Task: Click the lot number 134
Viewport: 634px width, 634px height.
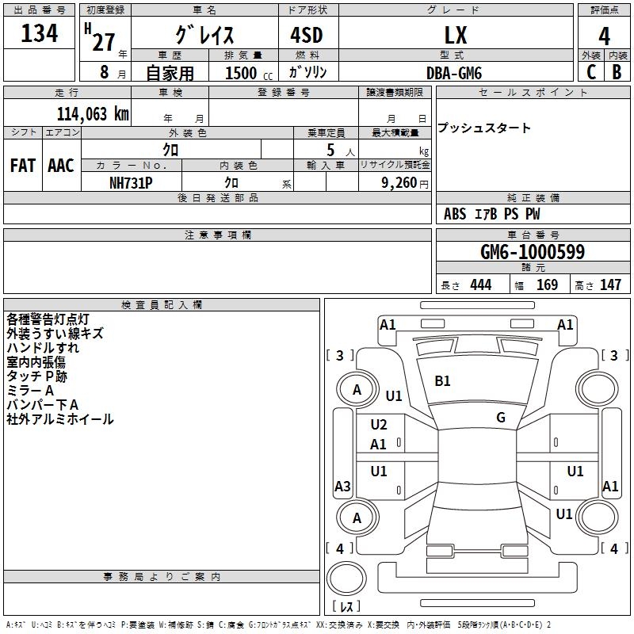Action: point(40,34)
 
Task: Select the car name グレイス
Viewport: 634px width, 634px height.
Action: point(204,36)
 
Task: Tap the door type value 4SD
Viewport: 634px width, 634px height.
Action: point(307,36)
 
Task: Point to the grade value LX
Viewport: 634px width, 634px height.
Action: point(455,36)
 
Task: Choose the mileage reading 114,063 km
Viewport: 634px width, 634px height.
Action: point(92,113)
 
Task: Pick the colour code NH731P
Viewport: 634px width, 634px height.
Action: point(131,182)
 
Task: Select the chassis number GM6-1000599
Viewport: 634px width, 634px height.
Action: point(533,252)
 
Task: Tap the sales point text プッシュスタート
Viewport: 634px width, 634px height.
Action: point(484,128)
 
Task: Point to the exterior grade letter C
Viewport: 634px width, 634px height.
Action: point(590,73)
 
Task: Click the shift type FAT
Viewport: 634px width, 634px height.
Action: point(23,166)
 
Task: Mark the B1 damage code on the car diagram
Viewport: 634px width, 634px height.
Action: point(442,381)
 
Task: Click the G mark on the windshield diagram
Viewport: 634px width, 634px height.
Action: point(501,418)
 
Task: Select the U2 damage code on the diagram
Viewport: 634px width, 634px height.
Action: point(379,425)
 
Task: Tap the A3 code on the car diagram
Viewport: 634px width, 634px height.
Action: point(342,487)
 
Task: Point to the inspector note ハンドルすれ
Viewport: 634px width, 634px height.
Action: point(43,348)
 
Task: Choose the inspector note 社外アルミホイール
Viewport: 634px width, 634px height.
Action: point(60,419)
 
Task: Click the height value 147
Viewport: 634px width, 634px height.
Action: point(610,285)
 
